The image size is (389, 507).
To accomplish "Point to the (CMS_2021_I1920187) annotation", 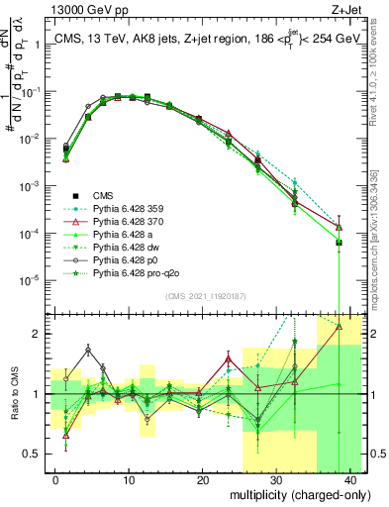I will tap(205, 294).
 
